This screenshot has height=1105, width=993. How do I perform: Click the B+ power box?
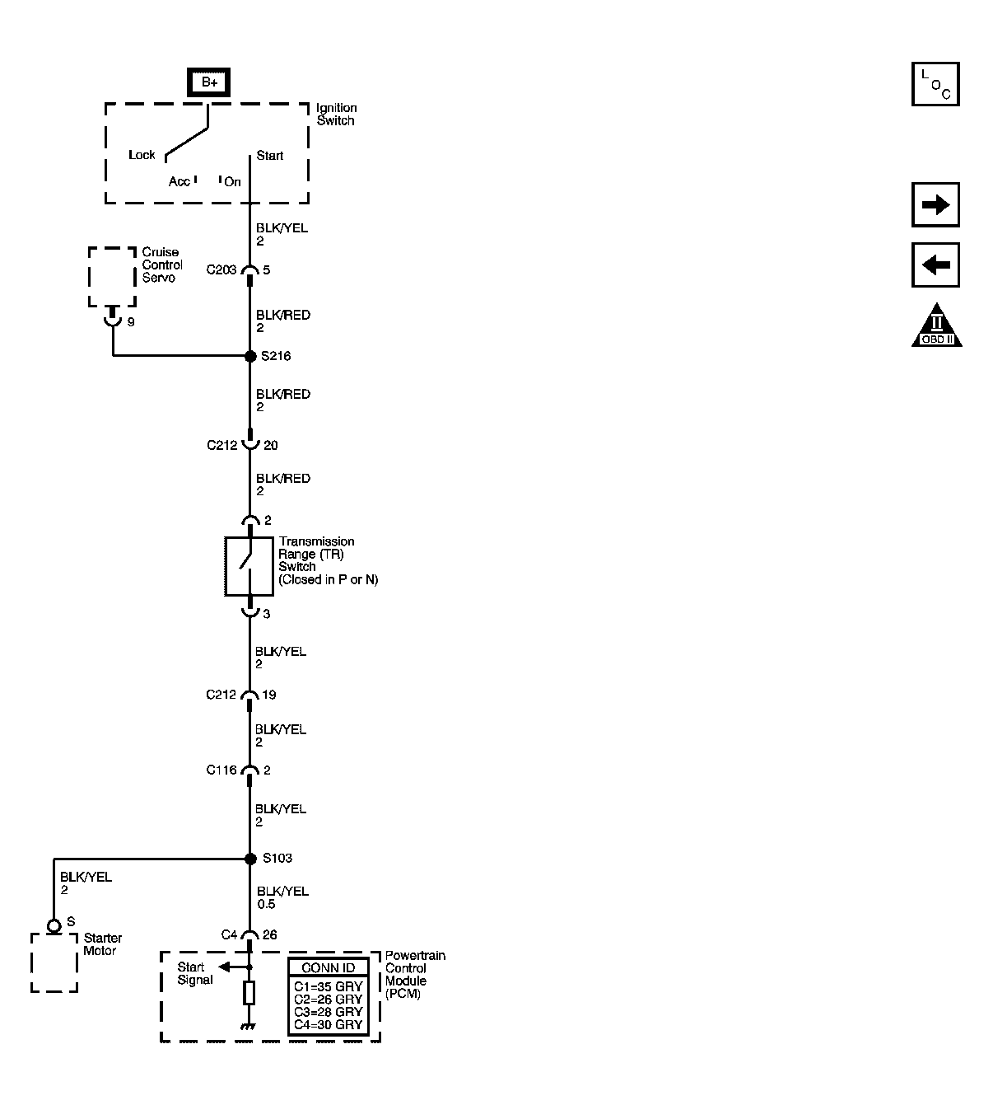click(x=208, y=82)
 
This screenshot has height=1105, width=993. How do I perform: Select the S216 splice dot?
click(x=250, y=356)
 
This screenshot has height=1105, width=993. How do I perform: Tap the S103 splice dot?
click(x=250, y=859)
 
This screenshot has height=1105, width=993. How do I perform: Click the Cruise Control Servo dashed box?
click(x=112, y=277)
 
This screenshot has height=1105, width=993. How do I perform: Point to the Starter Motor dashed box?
click(x=54, y=962)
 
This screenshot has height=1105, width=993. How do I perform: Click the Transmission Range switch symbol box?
click(x=249, y=566)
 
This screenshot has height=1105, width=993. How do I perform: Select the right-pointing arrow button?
click(x=935, y=205)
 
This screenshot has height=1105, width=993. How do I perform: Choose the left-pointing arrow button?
click(x=935, y=265)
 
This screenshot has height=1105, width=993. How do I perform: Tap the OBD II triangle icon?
click(x=936, y=326)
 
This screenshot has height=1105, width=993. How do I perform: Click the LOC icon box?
click(x=935, y=84)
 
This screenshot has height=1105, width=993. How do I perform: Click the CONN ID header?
click(x=328, y=967)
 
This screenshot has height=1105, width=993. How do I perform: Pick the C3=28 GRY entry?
click(x=328, y=1012)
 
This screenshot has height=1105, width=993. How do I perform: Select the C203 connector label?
click(x=221, y=269)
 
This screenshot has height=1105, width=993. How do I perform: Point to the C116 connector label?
click(x=221, y=770)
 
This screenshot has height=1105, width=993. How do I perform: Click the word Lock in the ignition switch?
click(x=142, y=155)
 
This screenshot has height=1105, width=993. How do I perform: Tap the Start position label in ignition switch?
click(x=269, y=155)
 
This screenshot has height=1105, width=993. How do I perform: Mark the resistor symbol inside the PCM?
click(x=249, y=993)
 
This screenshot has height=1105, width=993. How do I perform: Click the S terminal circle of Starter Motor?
click(x=54, y=926)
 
